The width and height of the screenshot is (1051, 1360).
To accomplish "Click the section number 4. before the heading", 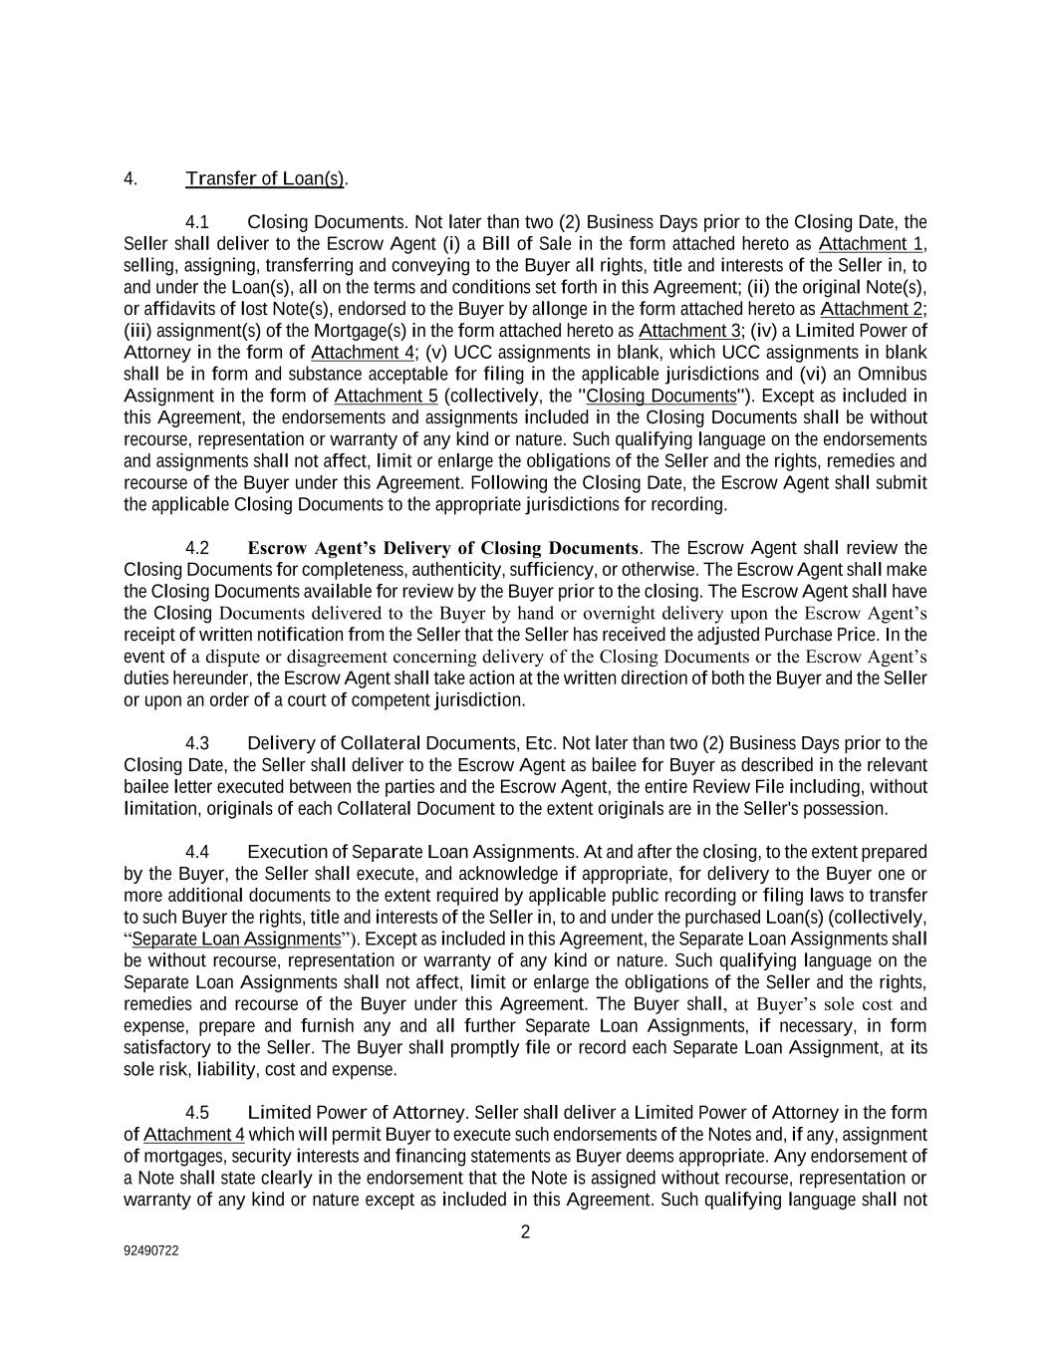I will (x=130, y=179).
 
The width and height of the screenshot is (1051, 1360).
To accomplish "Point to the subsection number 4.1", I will (x=197, y=222).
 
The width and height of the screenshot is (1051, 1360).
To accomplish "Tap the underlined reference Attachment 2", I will (x=872, y=309).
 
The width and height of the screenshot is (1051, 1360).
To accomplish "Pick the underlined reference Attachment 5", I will (x=387, y=396).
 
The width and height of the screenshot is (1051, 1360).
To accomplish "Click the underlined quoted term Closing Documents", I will (x=661, y=396).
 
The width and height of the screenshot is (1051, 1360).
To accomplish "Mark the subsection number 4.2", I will (x=197, y=548).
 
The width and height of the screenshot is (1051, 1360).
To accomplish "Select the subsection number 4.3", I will (x=197, y=743).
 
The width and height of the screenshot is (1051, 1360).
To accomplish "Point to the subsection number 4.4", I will (x=197, y=852).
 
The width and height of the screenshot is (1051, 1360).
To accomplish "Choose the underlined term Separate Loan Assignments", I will (x=236, y=940).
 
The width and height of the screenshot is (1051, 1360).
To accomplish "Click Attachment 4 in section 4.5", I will (x=194, y=1135).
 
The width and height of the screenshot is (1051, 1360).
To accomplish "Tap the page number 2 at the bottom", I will (x=525, y=1232).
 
